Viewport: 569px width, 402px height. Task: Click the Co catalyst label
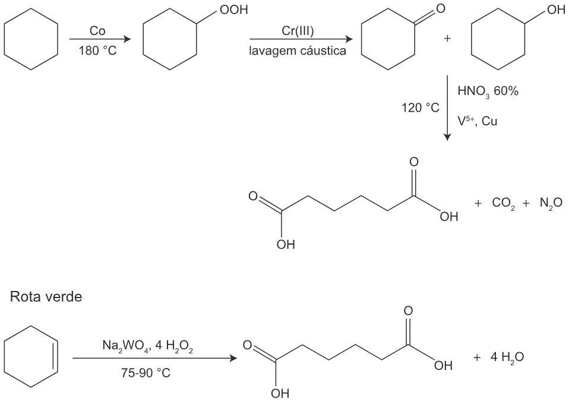point(97,31)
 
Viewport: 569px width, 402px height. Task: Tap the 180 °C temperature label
point(97,50)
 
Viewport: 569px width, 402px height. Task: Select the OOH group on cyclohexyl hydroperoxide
point(233,10)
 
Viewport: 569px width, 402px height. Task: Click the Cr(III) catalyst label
point(298,31)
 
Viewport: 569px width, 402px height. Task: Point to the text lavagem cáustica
point(297,50)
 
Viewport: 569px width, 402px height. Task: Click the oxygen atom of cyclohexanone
point(441,8)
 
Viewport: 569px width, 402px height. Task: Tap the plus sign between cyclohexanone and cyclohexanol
point(447,39)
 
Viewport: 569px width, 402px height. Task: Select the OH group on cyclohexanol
point(556,10)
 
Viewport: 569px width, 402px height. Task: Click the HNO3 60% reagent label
point(488,91)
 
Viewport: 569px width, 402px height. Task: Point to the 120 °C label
point(421,107)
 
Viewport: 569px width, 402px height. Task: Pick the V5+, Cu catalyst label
point(477,121)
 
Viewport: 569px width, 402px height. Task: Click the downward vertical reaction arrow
point(447,107)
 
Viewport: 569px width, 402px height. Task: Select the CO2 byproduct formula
point(503,203)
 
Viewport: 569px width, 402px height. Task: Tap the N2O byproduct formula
point(551,203)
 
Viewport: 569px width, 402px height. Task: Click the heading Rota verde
point(46,297)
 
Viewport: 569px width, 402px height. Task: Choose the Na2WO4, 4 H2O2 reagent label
point(147,346)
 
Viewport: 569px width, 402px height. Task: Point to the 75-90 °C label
point(146,373)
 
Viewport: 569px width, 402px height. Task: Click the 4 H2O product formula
point(507,357)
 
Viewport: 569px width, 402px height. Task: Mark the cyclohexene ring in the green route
point(31,326)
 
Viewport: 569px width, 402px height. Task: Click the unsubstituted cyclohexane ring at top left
point(31,9)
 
